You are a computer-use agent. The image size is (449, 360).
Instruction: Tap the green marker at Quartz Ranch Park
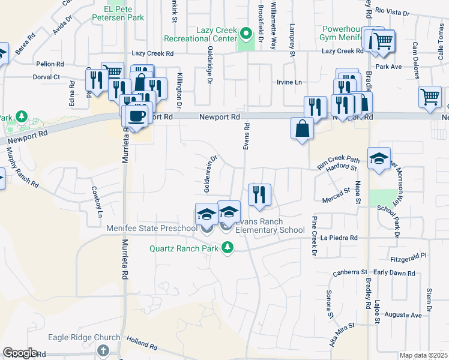click(228, 247)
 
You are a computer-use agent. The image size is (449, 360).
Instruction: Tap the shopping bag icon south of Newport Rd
click(301, 128)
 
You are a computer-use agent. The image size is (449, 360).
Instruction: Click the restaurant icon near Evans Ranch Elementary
click(259, 195)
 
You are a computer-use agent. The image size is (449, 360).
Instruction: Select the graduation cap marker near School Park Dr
click(379, 159)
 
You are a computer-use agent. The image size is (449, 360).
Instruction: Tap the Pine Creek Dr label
click(313, 237)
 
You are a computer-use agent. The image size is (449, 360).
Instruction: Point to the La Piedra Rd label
click(339, 238)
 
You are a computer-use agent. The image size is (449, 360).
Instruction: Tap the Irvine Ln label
click(288, 82)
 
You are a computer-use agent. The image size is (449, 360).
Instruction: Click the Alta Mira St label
click(342, 332)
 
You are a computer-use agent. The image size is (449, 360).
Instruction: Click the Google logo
click(20, 353)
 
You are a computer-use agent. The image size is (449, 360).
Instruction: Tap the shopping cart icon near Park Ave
click(382, 41)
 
